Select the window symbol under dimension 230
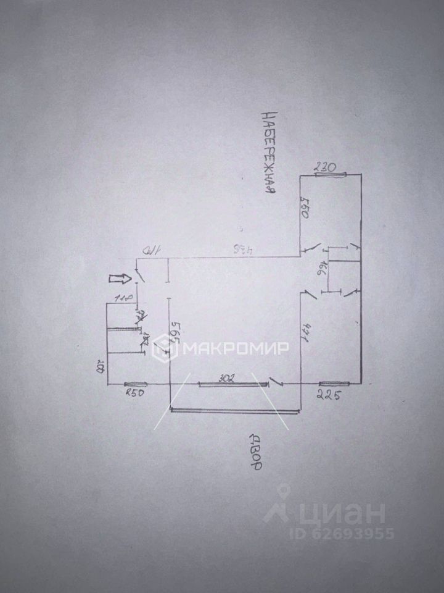pos(332,175)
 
